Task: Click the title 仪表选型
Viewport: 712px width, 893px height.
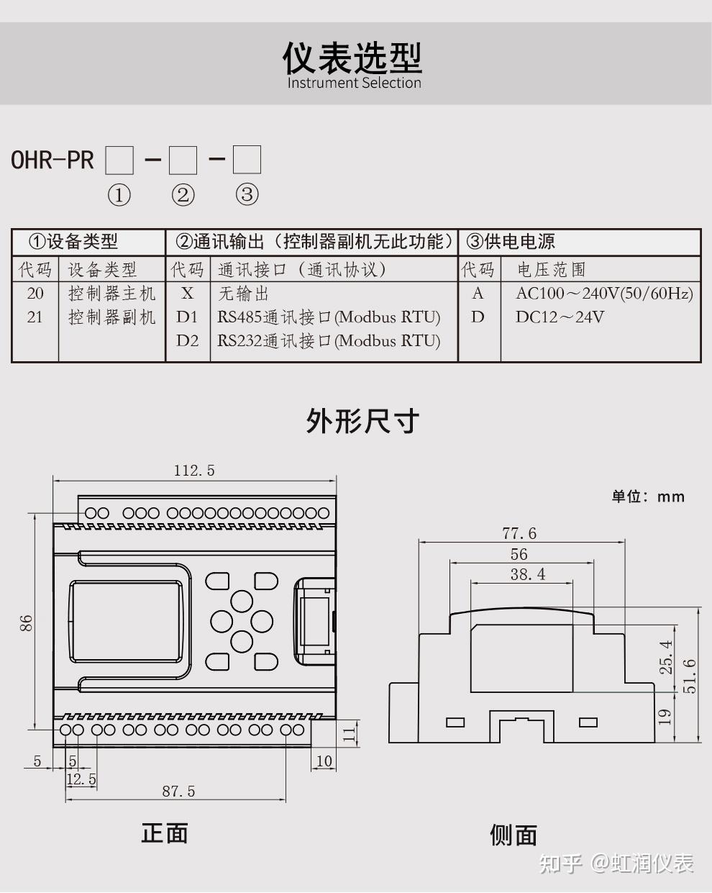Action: pos(352,58)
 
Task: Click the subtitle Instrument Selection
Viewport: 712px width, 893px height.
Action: pos(354,83)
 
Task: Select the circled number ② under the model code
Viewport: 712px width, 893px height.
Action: pos(183,194)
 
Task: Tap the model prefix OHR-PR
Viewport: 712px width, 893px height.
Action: pos(53,160)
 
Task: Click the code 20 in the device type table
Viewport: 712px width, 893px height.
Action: pos(35,294)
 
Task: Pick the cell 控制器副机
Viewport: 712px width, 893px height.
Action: pos(111,317)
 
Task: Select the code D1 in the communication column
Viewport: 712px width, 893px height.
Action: pos(187,317)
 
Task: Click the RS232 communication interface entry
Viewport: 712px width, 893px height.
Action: pos(329,341)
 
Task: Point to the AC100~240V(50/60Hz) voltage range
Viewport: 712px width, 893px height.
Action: pos(604,294)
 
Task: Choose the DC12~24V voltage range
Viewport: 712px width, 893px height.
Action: pos(560,317)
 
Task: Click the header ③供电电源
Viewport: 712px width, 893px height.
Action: pos(511,242)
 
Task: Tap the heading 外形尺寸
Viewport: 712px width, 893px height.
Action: pos(362,421)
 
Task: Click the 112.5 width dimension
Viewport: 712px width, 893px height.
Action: pos(194,471)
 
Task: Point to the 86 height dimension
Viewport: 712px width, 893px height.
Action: pos(26,623)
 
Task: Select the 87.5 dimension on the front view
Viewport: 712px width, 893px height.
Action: pos(178,792)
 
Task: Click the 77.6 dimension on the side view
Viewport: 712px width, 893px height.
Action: pos(519,533)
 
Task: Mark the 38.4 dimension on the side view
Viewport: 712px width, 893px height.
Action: pos(528,574)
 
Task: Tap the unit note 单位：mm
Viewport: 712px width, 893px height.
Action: pos(648,497)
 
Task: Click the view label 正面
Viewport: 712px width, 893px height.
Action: pos(165,833)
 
